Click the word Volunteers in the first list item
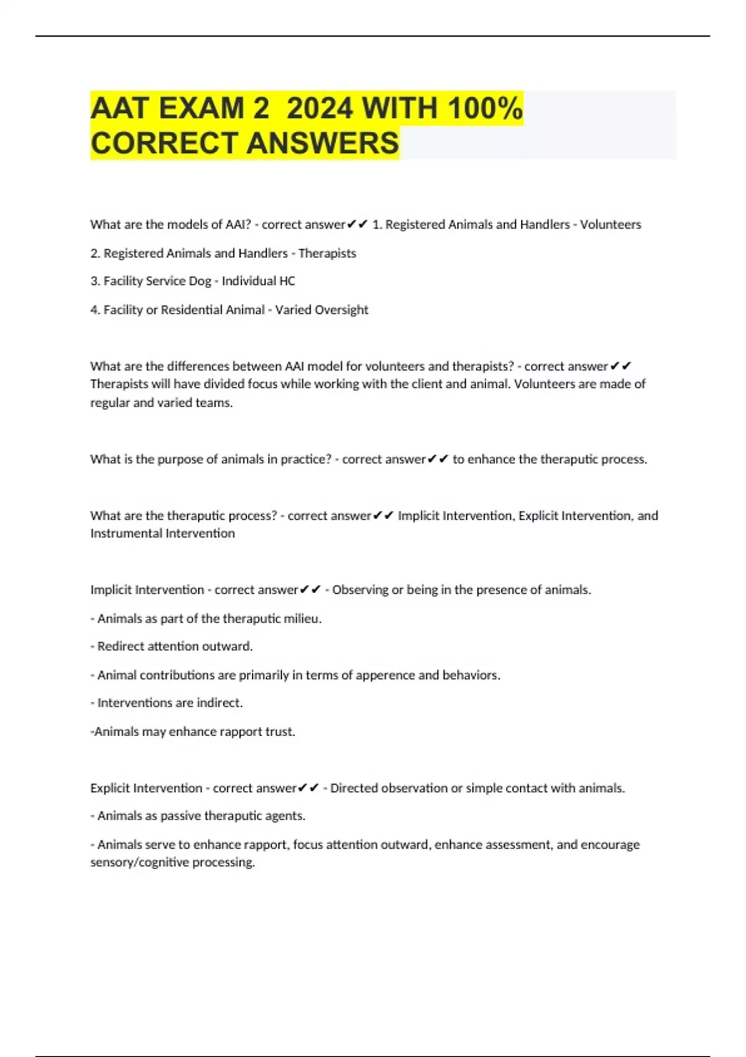click(x=610, y=224)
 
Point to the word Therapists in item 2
click(x=327, y=253)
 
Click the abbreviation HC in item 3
click(x=287, y=281)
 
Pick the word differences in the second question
click(x=198, y=366)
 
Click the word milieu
click(x=303, y=619)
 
